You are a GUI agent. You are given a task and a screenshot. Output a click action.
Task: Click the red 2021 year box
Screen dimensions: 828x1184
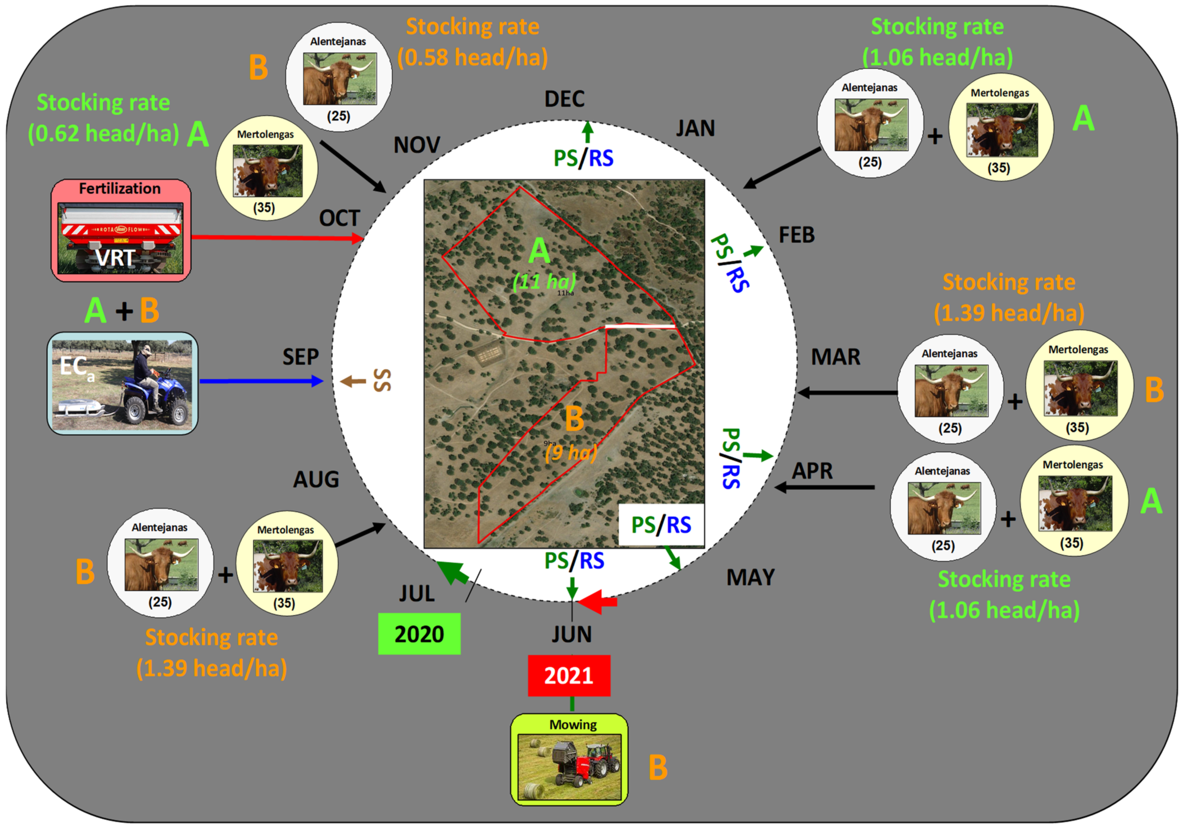(569, 675)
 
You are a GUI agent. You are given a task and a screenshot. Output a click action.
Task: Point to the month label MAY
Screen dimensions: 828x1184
(750, 578)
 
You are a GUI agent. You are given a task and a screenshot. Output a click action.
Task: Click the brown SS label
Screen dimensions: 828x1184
(382, 381)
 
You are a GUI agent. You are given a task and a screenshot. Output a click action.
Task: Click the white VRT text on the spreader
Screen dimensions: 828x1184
(115, 258)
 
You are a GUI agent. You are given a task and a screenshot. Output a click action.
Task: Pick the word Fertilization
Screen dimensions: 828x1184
(119, 189)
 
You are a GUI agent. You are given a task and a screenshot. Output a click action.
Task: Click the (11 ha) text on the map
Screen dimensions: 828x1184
(544, 282)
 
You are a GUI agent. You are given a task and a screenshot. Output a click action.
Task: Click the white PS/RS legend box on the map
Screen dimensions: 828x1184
(661, 525)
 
